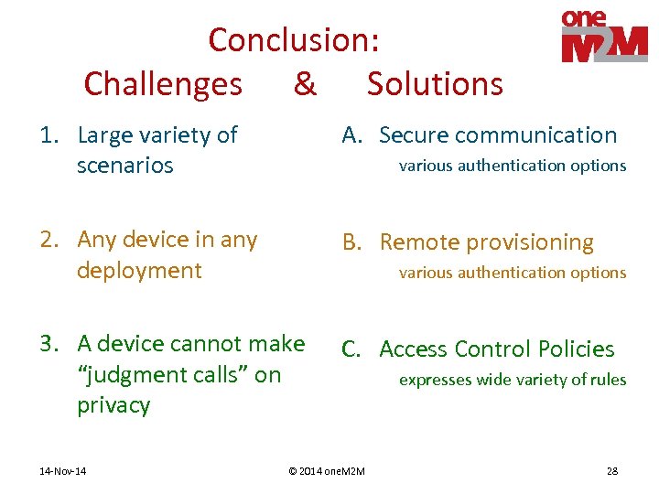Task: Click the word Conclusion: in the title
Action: coord(293,40)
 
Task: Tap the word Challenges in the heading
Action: coord(163,84)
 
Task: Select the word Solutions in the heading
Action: coord(435,84)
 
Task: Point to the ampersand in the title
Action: coord(304,84)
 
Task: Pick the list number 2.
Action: coord(49,240)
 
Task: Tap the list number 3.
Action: coord(49,344)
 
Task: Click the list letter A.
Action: coord(352,135)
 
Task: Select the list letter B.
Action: coord(352,242)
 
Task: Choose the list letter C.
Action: coord(352,349)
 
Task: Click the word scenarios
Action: coord(124,166)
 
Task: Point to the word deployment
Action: coord(139,271)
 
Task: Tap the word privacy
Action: coord(113,406)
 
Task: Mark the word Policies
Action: coord(576,349)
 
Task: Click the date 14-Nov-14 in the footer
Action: coord(65,471)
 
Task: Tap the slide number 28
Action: coord(611,471)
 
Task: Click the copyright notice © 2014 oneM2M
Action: coord(326,471)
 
